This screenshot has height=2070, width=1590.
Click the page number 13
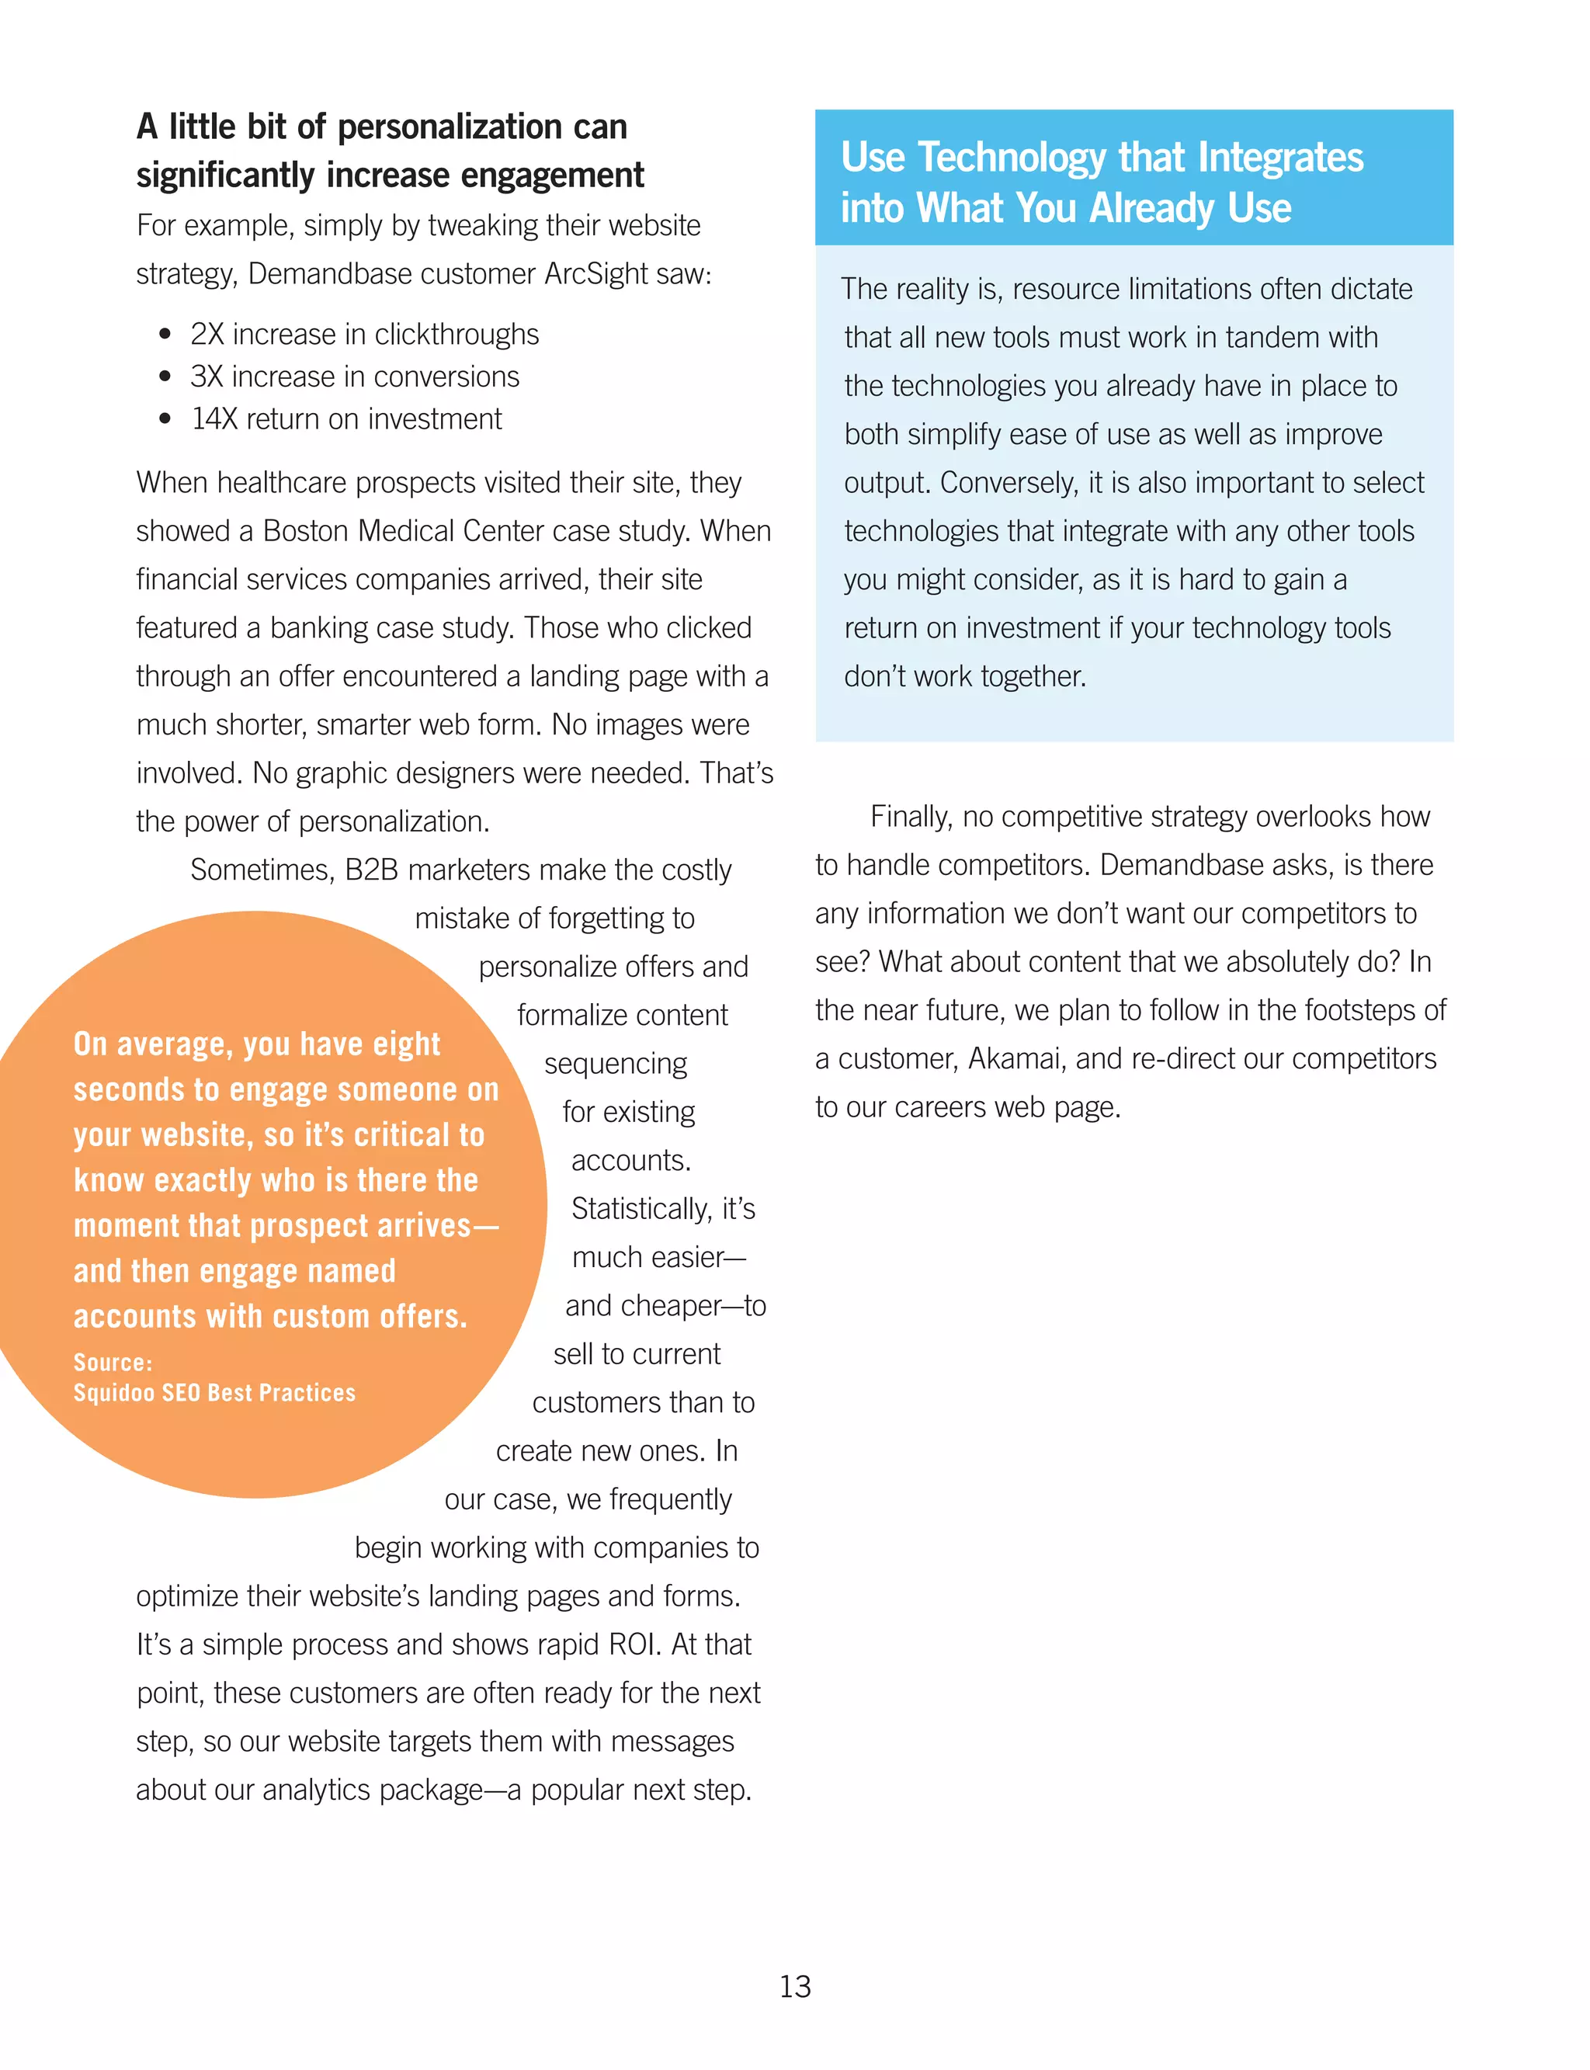795,1986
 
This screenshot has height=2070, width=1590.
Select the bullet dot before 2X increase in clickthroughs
165,334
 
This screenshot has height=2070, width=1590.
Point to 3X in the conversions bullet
207,377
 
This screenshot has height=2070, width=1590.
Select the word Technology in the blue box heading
1012,158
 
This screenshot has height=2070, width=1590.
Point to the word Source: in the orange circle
113,1362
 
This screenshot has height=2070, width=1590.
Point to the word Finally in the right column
911,816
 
